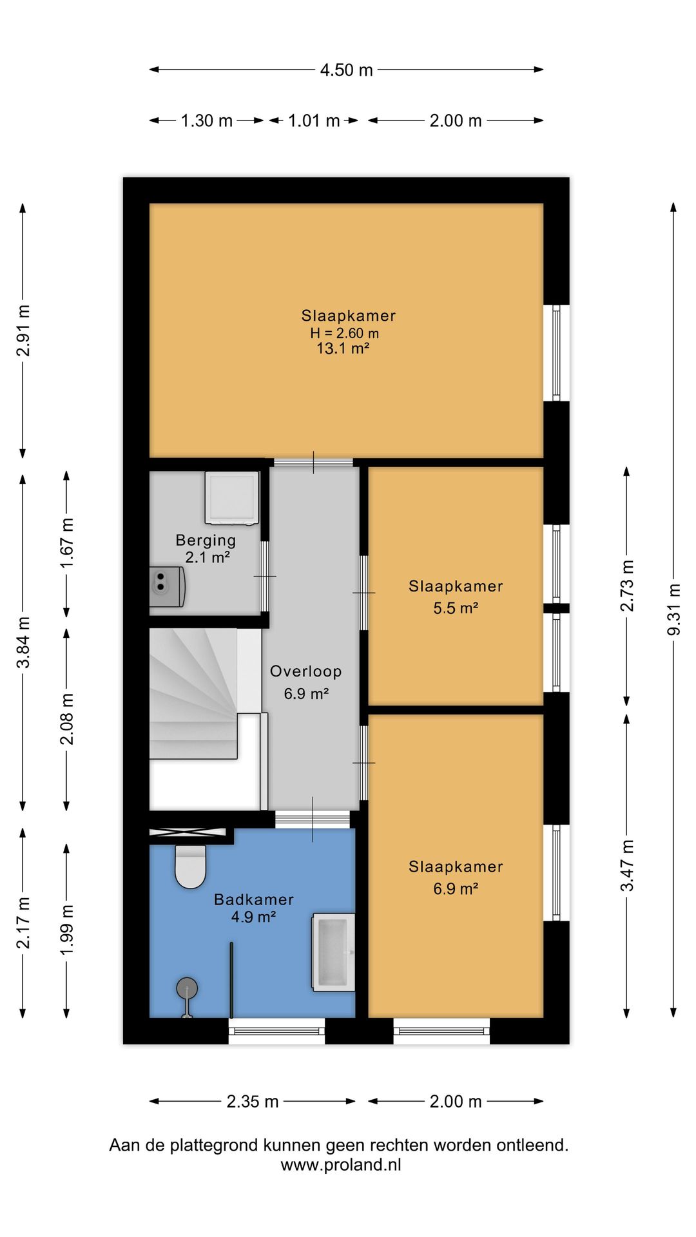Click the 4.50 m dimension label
click(x=347, y=70)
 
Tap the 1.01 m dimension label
click(x=314, y=120)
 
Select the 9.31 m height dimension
click(x=673, y=609)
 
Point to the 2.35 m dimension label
click(x=253, y=1101)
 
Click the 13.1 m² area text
click(x=343, y=349)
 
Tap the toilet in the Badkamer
click(x=190, y=867)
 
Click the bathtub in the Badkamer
click(x=333, y=952)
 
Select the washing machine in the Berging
click(x=232, y=497)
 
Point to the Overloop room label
click(x=305, y=671)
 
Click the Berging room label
click(x=206, y=541)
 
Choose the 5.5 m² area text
click(x=456, y=608)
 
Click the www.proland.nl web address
click(x=341, y=1165)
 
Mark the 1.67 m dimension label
click(x=67, y=543)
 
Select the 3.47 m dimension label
click(x=627, y=866)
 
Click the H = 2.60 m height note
click(x=345, y=333)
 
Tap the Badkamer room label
click(x=254, y=899)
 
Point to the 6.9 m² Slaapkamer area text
click(x=456, y=889)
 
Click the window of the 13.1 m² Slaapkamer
click(x=556, y=353)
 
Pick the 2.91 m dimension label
click(x=23, y=331)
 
